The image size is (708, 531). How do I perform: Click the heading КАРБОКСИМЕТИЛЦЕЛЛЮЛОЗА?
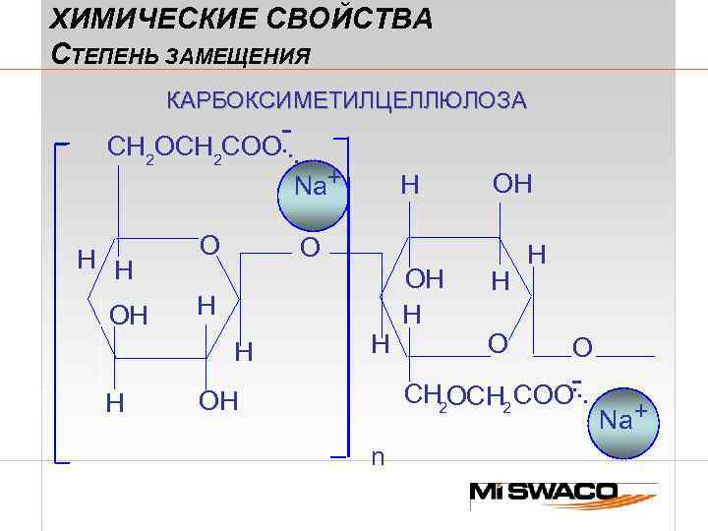point(346,100)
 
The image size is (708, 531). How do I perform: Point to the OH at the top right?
point(511,184)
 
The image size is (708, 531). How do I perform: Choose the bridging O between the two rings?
point(310,249)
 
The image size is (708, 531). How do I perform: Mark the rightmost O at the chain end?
point(582,348)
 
